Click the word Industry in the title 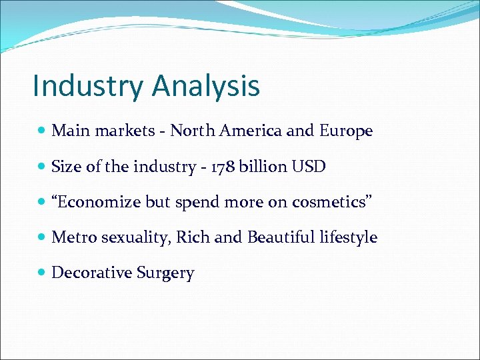click(x=88, y=86)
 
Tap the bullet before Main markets click(x=42, y=131)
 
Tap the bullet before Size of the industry click(x=42, y=167)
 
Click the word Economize click(x=100, y=202)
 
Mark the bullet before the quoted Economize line click(x=42, y=202)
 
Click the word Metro click(x=74, y=237)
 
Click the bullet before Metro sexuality click(x=42, y=237)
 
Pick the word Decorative click(x=91, y=273)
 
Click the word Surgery click(x=165, y=273)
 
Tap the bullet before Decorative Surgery click(x=42, y=273)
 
